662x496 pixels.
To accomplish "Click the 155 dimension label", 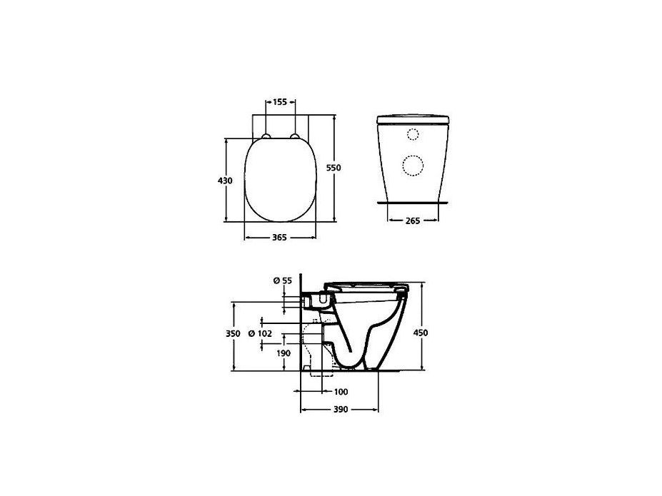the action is coord(280,101).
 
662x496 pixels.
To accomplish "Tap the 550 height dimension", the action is coord(333,168).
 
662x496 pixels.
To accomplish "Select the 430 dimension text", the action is coord(225,181).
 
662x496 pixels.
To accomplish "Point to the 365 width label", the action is coord(279,238).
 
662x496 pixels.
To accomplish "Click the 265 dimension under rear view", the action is coord(413,221).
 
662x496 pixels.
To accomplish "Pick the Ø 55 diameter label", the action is coord(283,280).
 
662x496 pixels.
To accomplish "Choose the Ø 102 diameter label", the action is coord(260,333).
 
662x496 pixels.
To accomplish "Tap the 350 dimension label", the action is coord(233,333).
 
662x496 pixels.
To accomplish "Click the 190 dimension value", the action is coord(284,353).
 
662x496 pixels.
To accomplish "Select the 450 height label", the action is coord(421,333).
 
